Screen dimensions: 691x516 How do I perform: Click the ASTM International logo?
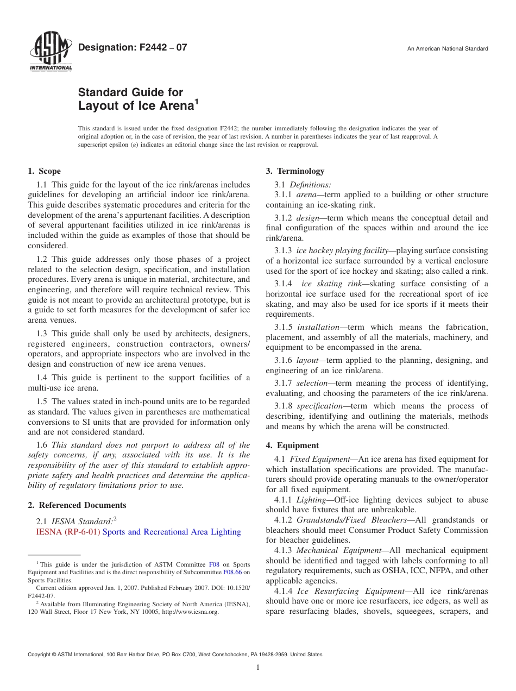(x=50, y=53)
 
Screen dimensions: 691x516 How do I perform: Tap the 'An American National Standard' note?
(x=448, y=49)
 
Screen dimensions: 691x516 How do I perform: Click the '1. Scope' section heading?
(x=45, y=171)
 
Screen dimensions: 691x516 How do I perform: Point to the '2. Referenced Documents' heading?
(x=77, y=505)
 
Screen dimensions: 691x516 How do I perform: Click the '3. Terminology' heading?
(x=295, y=171)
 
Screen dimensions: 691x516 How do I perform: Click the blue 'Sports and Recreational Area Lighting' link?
(x=172, y=532)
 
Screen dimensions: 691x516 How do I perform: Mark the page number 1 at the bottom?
(x=258, y=668)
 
